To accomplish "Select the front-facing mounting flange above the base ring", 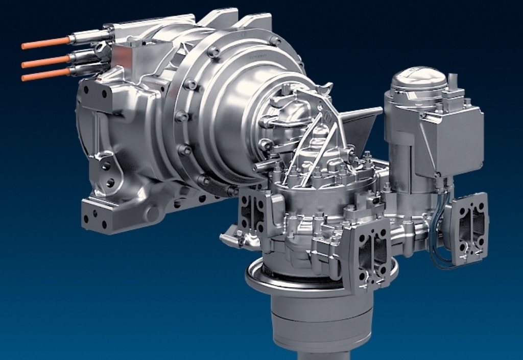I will point(369,253).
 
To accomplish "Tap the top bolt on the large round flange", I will point(213,52).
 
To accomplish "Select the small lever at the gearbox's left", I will point(230,237).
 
